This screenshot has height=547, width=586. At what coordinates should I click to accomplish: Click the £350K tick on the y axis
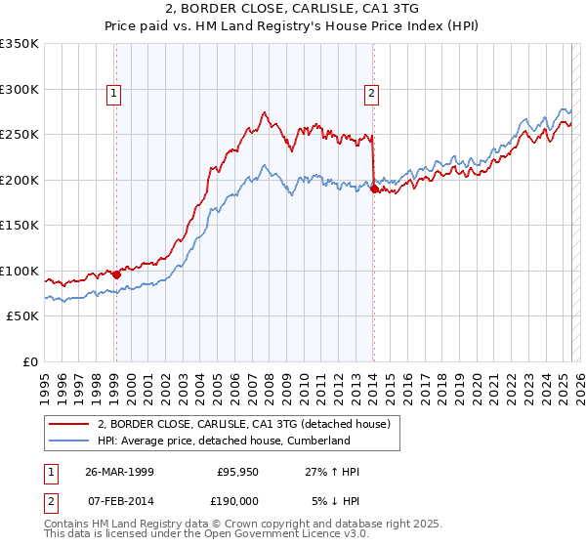(x=20, y=44)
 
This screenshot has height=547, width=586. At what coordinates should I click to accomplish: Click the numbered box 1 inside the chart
(x=114, y=94)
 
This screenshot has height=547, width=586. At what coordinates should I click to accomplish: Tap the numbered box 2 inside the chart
(x=372, y=94)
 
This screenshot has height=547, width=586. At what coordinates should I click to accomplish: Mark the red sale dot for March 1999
(x=116, y=274)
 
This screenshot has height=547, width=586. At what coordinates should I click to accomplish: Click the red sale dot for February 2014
(x=374, y=189)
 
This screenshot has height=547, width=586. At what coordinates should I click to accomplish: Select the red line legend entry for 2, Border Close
(x=243, y=424)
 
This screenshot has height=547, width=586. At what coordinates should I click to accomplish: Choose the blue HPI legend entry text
(x=223, y=441)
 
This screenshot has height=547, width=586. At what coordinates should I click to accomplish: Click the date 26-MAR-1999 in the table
(x=119, y=472)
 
